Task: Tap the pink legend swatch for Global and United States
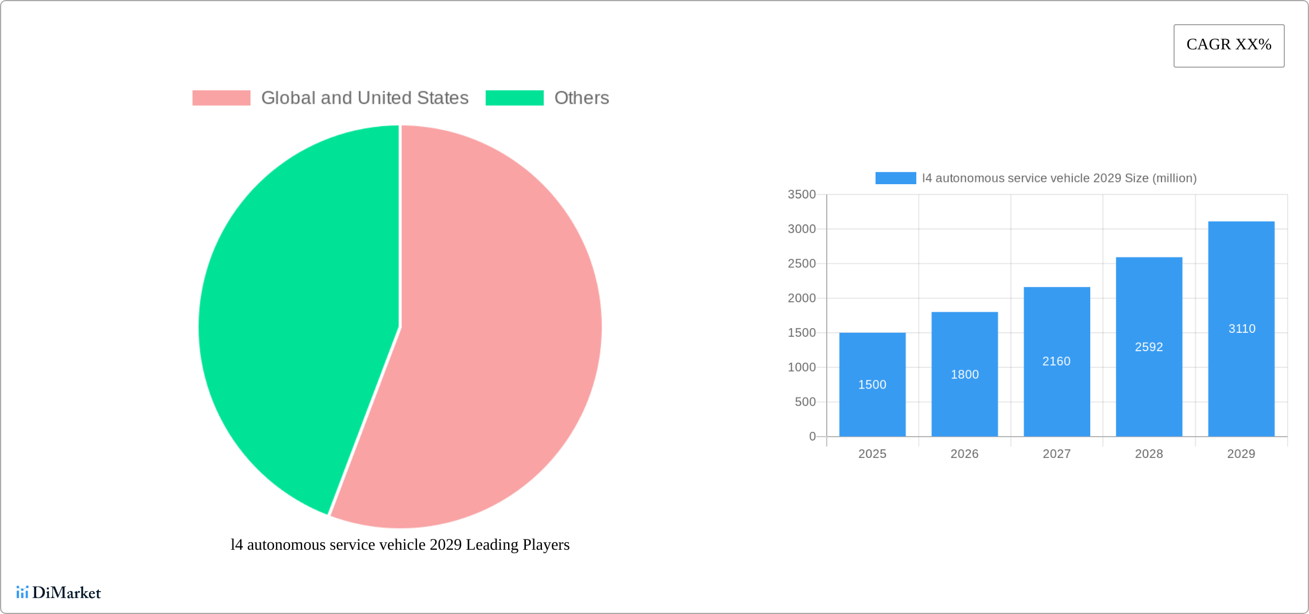tap(221, 98)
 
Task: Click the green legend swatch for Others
tap(514, 98)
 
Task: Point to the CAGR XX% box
tap(1229, 45)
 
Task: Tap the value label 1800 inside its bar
tap(965, 375)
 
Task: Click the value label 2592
tap(1149, 347)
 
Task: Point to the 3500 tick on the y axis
tap(801, 195)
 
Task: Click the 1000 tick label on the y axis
tap(801, 367)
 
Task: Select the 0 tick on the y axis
tap(812, 437)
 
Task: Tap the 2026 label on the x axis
tap(965, 454)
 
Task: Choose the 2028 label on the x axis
tap(1149, 454)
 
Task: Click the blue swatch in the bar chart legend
tap(895, 178)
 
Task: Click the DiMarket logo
tap(59, 593)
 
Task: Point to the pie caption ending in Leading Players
tap(400, 545)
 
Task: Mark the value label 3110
tap(1242, 329)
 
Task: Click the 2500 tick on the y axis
tap(801, 264)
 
